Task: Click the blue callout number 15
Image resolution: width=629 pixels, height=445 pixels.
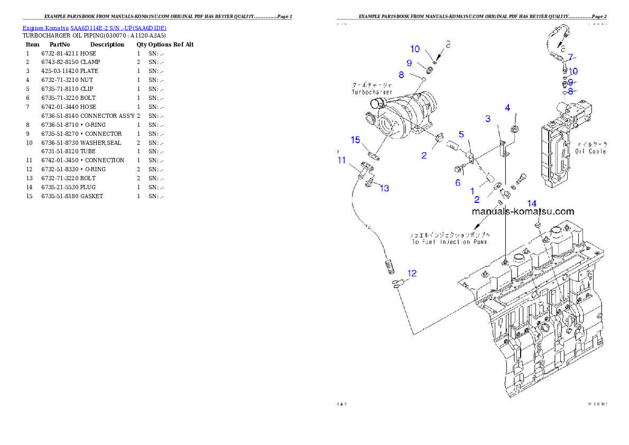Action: click(x=356, y=140)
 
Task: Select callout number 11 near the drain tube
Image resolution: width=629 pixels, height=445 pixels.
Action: click(x=342, y=160)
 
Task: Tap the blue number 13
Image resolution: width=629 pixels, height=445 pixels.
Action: click(x=385, y=188)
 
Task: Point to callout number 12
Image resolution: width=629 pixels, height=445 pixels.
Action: click(x=412, y=273)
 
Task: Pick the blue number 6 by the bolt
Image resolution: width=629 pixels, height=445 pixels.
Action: click(x=458, y=183)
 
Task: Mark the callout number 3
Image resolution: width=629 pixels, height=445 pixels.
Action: click(x=488, y=119)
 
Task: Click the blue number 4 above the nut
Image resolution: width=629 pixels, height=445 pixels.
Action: click(x=507, y=108)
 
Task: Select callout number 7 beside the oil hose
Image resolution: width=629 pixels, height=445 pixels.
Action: click(x=570, y=57)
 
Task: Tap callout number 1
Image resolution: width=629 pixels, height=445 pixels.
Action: click(x=473, y=191)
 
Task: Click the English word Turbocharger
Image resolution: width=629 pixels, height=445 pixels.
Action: click(x=371, y=92)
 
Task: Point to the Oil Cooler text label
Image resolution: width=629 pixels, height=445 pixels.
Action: click(x=591, y=151)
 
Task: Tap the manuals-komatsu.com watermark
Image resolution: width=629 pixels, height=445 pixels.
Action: click(x=522, y=211)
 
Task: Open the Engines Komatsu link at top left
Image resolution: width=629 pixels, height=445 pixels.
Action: click(x=94, y=27)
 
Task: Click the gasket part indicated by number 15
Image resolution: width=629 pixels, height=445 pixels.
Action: click(x=374, y=156)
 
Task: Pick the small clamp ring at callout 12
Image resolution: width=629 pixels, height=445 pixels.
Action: click(x=397, y=284)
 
